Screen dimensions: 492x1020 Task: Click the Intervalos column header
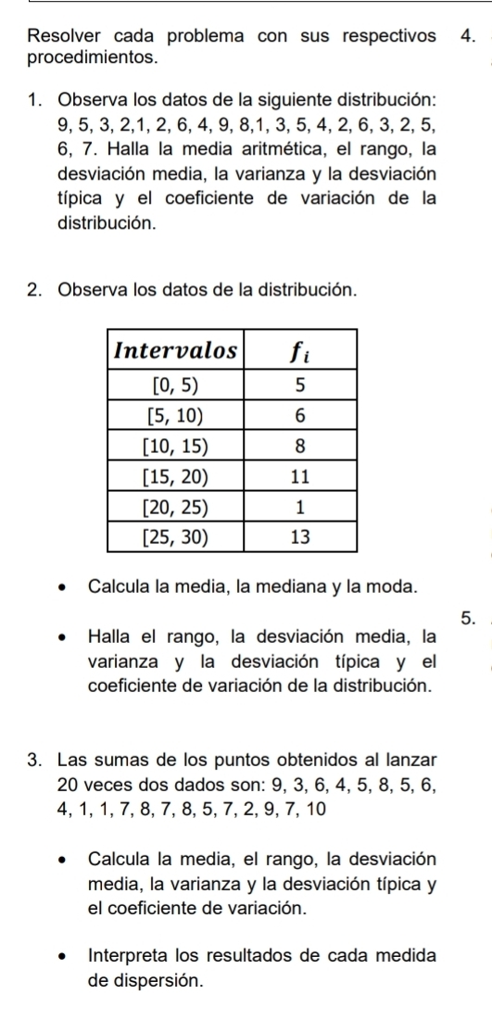click(x=176, y=353)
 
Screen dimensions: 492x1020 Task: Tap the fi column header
click(x=300, y=353)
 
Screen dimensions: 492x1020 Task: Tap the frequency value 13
click(x=299, y=535)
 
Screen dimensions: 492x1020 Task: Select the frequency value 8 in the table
click(x=299, y=446)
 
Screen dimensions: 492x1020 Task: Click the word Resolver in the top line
click(x=63, y=36)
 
